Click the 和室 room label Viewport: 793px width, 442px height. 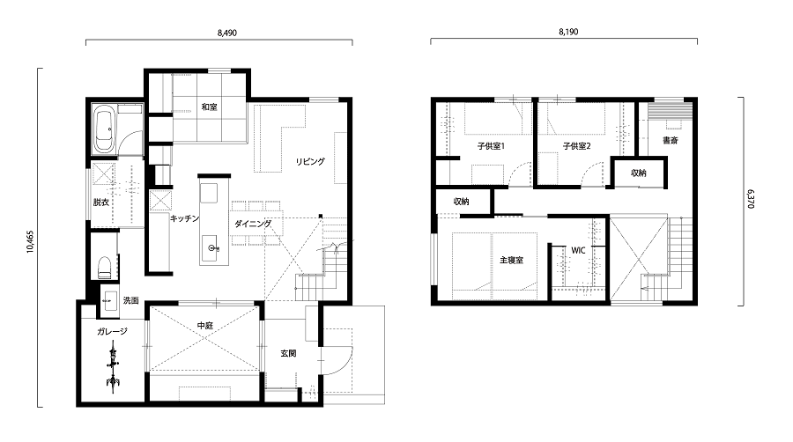[209, 107]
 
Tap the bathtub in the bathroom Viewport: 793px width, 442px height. [106, 129]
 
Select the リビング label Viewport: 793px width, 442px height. [310, 162]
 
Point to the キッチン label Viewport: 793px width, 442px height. [185, 218]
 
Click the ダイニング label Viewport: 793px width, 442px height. [253, 224]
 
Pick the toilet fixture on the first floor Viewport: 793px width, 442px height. [104, 267]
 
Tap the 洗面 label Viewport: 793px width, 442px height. [130, 300]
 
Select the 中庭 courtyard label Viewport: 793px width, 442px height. [204, 326]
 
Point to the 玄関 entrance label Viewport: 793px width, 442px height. [288, 354]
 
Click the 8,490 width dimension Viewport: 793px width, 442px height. [227, 33]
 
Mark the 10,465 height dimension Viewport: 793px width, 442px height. [30, 241]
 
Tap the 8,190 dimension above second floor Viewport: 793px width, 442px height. [568, 32]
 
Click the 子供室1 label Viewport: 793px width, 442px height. [491, 146]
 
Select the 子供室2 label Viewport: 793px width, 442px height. [576, 146]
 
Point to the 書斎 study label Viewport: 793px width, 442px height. [671, 140]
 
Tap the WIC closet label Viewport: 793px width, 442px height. [578, 251]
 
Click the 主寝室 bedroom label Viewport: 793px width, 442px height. [511, 260]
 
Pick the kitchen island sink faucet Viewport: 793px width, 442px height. [213, 248]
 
